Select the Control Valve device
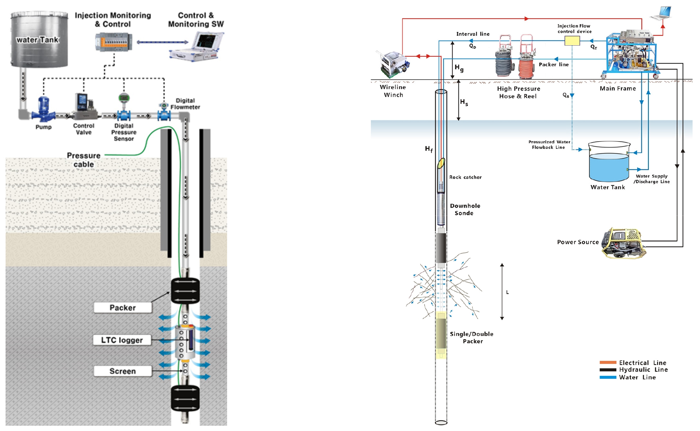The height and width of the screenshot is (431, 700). pos(83,105)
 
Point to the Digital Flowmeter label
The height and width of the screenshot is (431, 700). pos(185,104)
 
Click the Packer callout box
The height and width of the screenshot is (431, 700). pos(123,308)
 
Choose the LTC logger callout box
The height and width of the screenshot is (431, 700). pos(122,340)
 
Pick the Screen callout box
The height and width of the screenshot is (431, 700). pos(123,371)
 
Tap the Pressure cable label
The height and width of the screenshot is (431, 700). pos(84,160)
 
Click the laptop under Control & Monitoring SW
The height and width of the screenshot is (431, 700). pos(197,46)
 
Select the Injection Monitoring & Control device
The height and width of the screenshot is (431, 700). pos(114,42)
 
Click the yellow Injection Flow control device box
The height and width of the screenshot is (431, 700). pos(572,41)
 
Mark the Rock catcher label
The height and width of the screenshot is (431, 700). pos(465,177)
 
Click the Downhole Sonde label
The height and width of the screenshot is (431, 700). pos(465,209)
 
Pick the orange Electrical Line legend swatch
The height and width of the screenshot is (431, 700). pos(608,363)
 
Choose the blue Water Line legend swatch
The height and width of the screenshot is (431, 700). pos(608,378)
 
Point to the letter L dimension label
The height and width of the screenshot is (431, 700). pos(507,292)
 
